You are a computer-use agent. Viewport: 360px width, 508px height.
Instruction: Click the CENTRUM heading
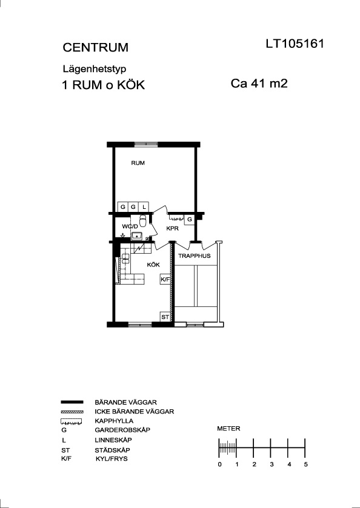click(95, 47)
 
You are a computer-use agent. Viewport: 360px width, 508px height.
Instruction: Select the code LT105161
click(295, 44)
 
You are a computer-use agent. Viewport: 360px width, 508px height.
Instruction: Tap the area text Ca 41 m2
click(259, 84)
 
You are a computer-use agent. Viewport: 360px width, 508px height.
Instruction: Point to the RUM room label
click(138, 163)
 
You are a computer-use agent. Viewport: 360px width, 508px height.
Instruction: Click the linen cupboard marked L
click(144, 206)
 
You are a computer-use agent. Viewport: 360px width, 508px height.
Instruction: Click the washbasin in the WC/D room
click(137, 236)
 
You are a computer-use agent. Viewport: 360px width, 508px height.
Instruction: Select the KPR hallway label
click(172, 228)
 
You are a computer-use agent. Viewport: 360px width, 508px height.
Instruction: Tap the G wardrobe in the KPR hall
click(190, 219)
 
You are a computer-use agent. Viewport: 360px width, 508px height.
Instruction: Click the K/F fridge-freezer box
click(165, 279)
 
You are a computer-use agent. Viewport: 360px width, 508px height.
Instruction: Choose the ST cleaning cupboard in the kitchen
click(165, 317)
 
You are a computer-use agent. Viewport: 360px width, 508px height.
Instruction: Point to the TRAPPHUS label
click(195, 256)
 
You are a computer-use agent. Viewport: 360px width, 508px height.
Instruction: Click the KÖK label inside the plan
click(153, 265)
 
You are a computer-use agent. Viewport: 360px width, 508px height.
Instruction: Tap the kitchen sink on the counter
click(125, 259)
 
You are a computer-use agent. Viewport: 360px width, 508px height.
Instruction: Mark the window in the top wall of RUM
click(146, 144)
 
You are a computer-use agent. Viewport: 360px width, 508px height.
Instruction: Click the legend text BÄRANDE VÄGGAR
click(126, 403)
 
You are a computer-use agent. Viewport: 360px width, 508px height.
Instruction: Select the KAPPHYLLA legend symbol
click(72, 421)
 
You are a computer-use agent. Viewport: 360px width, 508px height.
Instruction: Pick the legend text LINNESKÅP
click(113, 440)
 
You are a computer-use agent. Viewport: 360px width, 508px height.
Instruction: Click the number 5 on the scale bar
click(305, 464)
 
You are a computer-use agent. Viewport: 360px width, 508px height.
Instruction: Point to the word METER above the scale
click(228, 429)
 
